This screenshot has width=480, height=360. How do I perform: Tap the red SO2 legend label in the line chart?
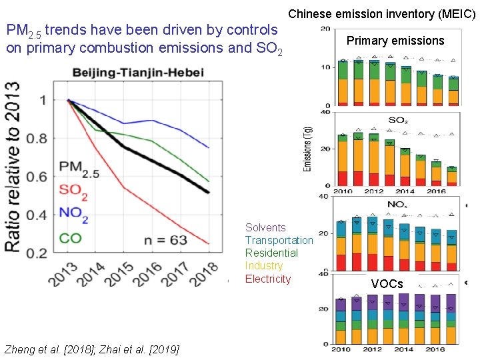pos(73,190)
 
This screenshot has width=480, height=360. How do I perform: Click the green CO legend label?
pos(71,237)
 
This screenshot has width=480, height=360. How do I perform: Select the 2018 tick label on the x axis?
pos(203,275)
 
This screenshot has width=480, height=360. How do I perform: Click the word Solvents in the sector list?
pos(265,228)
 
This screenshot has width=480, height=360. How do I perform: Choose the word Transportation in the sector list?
pos(279,241)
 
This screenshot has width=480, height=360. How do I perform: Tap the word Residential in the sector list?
pos(271,253)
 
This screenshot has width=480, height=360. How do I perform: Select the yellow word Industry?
pos(264,266)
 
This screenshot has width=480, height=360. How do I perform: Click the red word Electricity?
pos(268,279)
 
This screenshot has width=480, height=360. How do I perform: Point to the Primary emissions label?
pos(395,41)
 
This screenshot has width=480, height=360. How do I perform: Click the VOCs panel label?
pos(387,284)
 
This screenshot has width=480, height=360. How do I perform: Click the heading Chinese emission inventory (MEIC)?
pos(382,13)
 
